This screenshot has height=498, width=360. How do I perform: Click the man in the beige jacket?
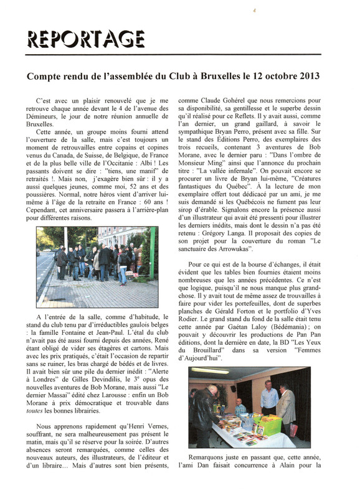287,405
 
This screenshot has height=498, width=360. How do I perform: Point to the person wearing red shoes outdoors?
118,274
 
